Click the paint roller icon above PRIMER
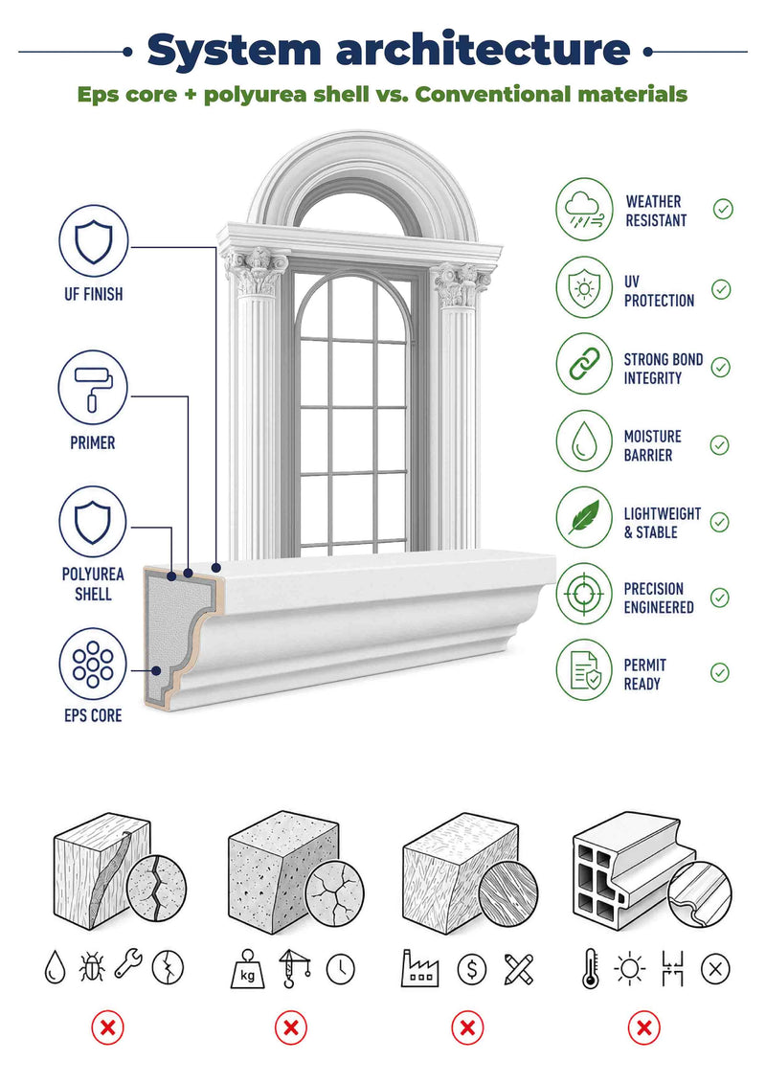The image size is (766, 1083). (93, 387)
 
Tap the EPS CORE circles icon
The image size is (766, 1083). (93, 663)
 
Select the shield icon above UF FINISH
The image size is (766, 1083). (93, 240)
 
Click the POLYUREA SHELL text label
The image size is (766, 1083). (93, 583)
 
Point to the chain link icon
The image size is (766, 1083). (584, 364)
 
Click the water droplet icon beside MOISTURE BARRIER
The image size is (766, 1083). (584, 441)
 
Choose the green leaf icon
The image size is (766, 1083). (584, 517)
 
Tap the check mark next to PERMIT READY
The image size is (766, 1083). (720, 672)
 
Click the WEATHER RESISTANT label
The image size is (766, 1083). (656, 212)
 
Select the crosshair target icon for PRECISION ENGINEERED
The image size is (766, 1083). (584, 594)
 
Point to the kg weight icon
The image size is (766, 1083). (247, 969)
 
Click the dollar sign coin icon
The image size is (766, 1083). (472, 970)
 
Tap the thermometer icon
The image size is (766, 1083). (591, 968)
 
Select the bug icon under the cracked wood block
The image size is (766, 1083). (92, 967)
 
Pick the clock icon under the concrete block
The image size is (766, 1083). (341, 969)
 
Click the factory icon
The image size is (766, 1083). (420, 968)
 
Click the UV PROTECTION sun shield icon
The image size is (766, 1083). (584, 287)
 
